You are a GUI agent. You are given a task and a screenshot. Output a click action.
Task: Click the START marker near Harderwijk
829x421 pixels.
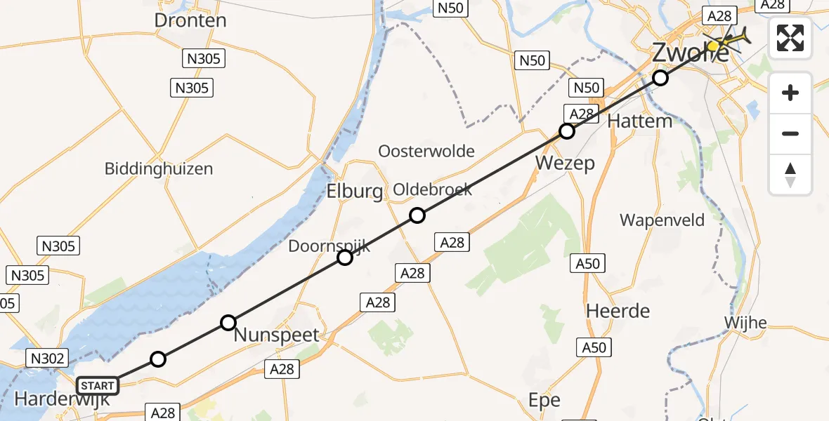point(98,386)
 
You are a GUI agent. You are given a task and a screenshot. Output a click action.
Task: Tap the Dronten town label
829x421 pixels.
point(190,20)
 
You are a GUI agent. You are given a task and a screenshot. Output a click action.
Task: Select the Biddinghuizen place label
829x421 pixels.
point(158,169)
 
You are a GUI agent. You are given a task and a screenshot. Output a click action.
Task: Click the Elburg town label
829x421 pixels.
point(354,192)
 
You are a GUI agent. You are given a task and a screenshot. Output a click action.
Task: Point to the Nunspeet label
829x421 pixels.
point(276,335)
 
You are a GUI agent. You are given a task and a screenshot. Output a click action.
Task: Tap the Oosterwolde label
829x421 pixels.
point(426,152)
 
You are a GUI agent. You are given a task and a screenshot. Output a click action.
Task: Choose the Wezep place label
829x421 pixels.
point(565,163)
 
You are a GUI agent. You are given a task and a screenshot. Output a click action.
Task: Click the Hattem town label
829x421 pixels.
point(639,121)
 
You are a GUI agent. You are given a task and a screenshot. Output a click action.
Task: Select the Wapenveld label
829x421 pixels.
point(662,220)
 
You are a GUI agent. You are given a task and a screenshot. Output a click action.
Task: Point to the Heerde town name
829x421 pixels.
point(618,311)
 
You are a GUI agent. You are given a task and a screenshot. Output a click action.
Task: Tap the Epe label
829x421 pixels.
point(544,401)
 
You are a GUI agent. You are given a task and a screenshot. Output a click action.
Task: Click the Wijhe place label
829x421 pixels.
point(745,323)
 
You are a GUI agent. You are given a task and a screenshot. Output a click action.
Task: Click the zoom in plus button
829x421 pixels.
point(790,93)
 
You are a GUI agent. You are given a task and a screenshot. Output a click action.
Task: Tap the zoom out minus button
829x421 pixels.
point(790,133)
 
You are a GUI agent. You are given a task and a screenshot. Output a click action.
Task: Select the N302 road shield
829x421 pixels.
point(48,359)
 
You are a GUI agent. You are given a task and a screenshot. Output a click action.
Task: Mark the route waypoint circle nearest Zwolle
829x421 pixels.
point(660,78)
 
